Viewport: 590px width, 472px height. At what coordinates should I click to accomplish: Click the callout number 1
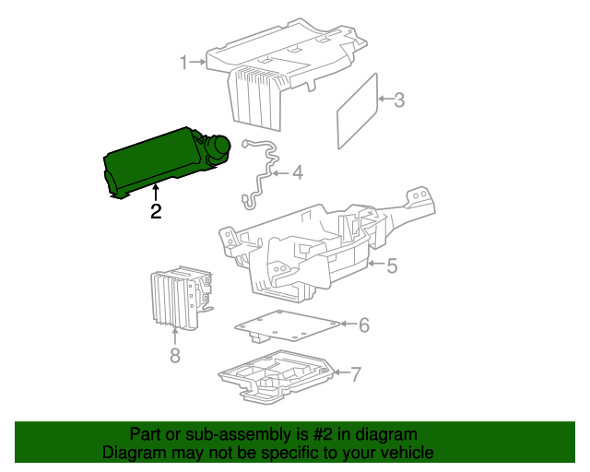pyautogui.click(x=183, y=62)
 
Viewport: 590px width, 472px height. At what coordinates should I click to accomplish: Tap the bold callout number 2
pyautogui.click(x=156, y=211)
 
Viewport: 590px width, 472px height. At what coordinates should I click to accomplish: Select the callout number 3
pyautogui.click(x=399, y=100)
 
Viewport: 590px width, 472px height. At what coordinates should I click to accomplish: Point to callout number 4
pyautogui.click(x=298, y=173)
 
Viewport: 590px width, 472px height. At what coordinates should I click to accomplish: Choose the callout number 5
pyautogui.click(x=392, y=265)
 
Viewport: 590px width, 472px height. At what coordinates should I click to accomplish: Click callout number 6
pyautogui.click(x=364, y=325)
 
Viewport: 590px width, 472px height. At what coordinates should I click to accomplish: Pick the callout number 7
pyautogui.click(x=356, y=375)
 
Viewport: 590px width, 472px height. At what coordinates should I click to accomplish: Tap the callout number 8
pyautogui.click(x=175, y=355)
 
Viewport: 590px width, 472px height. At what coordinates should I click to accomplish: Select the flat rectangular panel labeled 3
pyautogui.click(x=357, y=112)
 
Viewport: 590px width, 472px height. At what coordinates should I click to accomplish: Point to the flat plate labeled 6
pyautogui.click(x=287, y=326)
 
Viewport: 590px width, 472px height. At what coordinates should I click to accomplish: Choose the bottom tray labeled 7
pyautogui.click(x=277, y=377)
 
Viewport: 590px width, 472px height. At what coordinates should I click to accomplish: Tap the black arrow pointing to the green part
pyautogui.click(x=156, y=193)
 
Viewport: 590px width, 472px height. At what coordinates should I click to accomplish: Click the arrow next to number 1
pyautogui.click(x=197, y=62)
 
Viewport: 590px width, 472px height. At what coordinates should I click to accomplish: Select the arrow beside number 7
pyautogui.click(x=342, y=372)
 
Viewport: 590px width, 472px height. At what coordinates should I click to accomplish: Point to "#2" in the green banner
pyautogui.click(x=323, y=435)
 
